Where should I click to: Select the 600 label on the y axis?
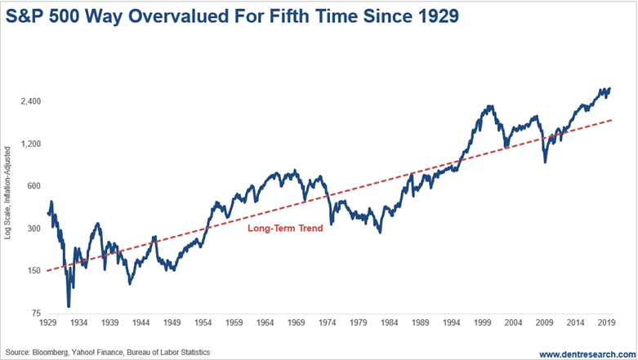[32, 186]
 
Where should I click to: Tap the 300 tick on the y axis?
[32, 229]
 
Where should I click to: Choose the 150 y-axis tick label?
[32, 271]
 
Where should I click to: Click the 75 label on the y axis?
[34, 313]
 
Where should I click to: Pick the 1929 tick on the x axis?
[48, 324]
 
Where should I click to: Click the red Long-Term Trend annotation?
[285, 229]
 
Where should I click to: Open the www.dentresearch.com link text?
[582, 353]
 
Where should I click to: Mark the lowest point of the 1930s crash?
[69, 306]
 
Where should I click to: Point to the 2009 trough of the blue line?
[545, 162]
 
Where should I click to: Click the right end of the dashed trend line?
[613, 119]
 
